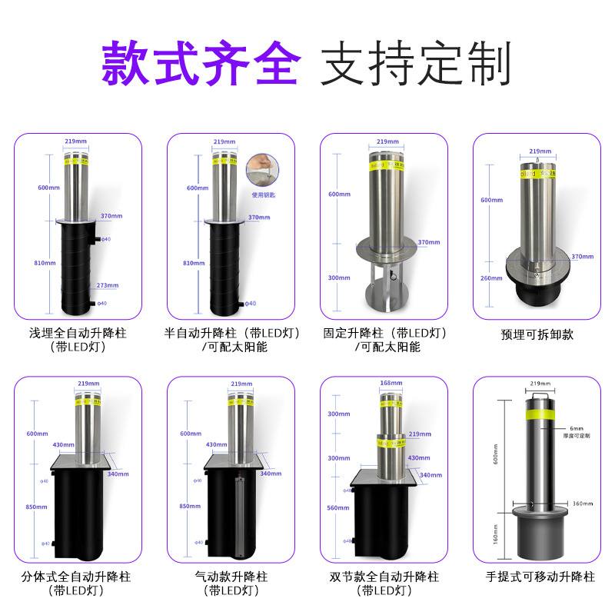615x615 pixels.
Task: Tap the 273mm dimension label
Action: coord(107,285)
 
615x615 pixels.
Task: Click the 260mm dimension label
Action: coord(490,278)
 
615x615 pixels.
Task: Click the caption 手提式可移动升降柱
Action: coord(540,576)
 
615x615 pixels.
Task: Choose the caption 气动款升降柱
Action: coord(231,576)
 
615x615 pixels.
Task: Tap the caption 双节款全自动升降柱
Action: coord(384,576)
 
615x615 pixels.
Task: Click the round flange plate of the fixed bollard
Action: coord(384,250)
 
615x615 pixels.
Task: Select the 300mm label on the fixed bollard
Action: coord(338,278)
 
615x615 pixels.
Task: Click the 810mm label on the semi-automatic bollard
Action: coord(194,263)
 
